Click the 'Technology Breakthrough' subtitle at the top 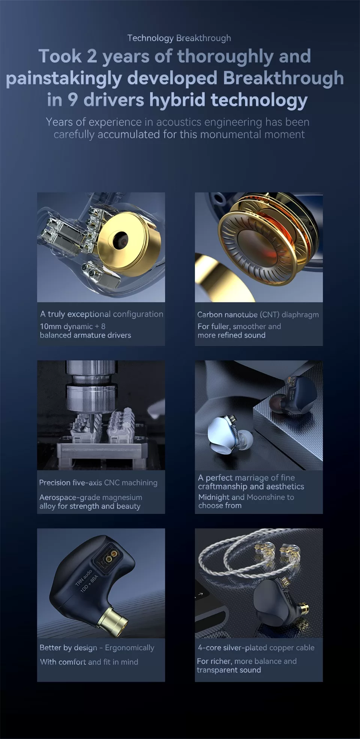pyautogui.click(x=179, y=38)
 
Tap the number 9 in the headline pyautogui.click(x=73, y=100)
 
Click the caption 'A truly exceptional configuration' pyautogui.click(x=102, y=314)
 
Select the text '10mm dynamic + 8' pyautogui.click(x=73, y=326)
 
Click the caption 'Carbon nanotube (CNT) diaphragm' pyautogui.click(x=258, y=315)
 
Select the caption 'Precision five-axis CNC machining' pyautogui.click(x=98, y=483)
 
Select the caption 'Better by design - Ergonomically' pyautogui.click(x=97, y=648)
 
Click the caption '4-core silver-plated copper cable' pyautogui.click(x=256, y=648)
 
